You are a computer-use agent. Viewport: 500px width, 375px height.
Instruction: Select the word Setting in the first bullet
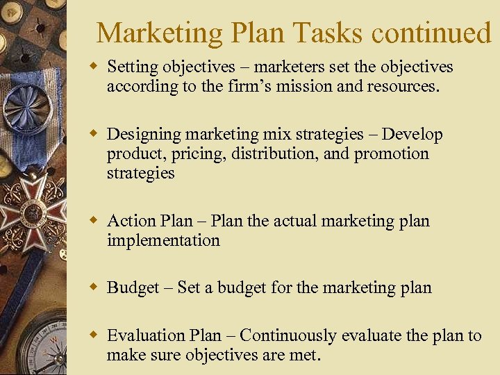click(132, 67)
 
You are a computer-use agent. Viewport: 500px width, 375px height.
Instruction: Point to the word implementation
click(163, 240)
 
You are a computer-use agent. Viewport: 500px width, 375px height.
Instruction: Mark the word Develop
click(412, 134)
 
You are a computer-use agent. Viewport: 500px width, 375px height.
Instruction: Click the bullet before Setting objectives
click(93, 67)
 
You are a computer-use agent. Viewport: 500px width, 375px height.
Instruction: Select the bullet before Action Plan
click(93, 221)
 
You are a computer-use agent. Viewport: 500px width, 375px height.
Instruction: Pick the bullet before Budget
click(93, 287)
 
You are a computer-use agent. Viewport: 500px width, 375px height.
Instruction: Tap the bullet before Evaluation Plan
click(93, 335)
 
